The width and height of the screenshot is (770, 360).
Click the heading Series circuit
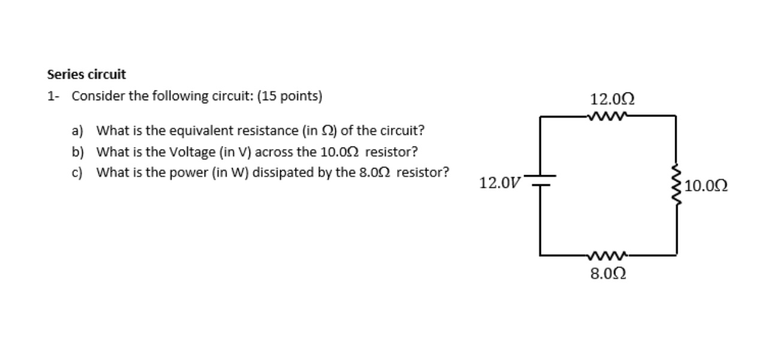86,75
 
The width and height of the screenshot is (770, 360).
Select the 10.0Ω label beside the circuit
706,186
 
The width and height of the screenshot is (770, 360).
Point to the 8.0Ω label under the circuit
609,274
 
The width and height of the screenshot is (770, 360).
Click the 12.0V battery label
500,183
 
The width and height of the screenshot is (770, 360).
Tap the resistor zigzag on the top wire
608,116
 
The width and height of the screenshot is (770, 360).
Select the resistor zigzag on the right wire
677,185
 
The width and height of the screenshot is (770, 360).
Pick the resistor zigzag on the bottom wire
608,255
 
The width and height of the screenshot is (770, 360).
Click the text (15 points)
289,96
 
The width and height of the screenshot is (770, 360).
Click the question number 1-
53,96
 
